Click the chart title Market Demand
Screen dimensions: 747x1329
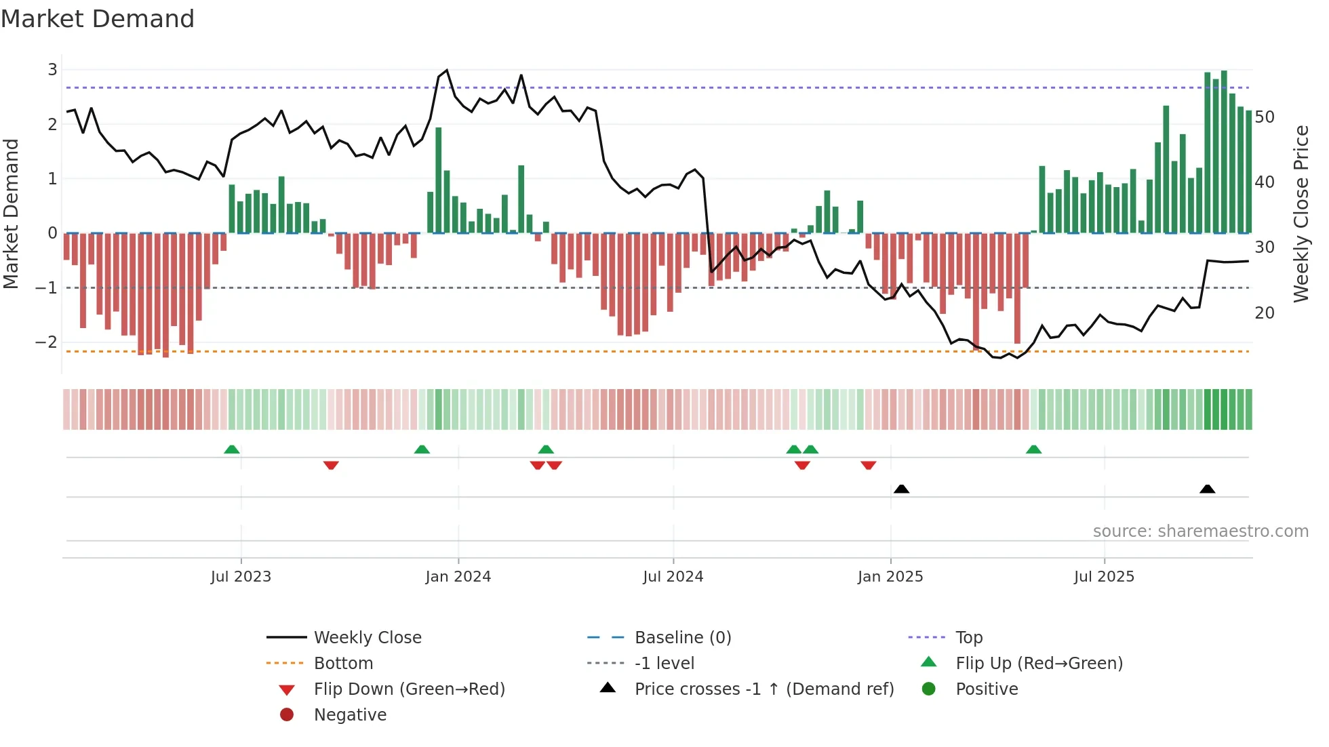coord(98,19)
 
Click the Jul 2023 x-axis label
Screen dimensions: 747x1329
coord(241,577)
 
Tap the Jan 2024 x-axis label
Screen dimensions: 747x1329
coord(458,577)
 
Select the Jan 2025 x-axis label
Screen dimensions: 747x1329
coord(890,577)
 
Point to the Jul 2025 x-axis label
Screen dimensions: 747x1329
coord(1104,577)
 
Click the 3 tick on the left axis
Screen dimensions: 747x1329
coord(52,70)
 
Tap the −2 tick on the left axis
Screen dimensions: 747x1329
coord(47,342)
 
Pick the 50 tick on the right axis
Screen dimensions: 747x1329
coord(1265,117)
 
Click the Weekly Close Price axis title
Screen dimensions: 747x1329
coord(1301,214)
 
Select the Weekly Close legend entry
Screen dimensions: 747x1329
coord(368,638)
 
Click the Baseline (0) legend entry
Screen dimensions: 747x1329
coord(683,638)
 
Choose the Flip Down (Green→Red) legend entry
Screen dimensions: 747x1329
coord(409,689)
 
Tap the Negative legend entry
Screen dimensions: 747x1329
coord(350,715)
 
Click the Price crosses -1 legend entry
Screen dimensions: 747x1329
coord(764,689)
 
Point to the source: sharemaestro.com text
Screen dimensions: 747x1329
coord(1200,531)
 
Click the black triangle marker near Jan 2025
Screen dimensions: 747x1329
coord(901,489)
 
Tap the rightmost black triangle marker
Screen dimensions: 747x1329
coord(1207,489)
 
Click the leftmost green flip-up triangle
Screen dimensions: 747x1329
coord(232,449)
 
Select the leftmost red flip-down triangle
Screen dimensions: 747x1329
coord(331,465)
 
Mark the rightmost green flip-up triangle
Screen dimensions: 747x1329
coord(1033,449)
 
